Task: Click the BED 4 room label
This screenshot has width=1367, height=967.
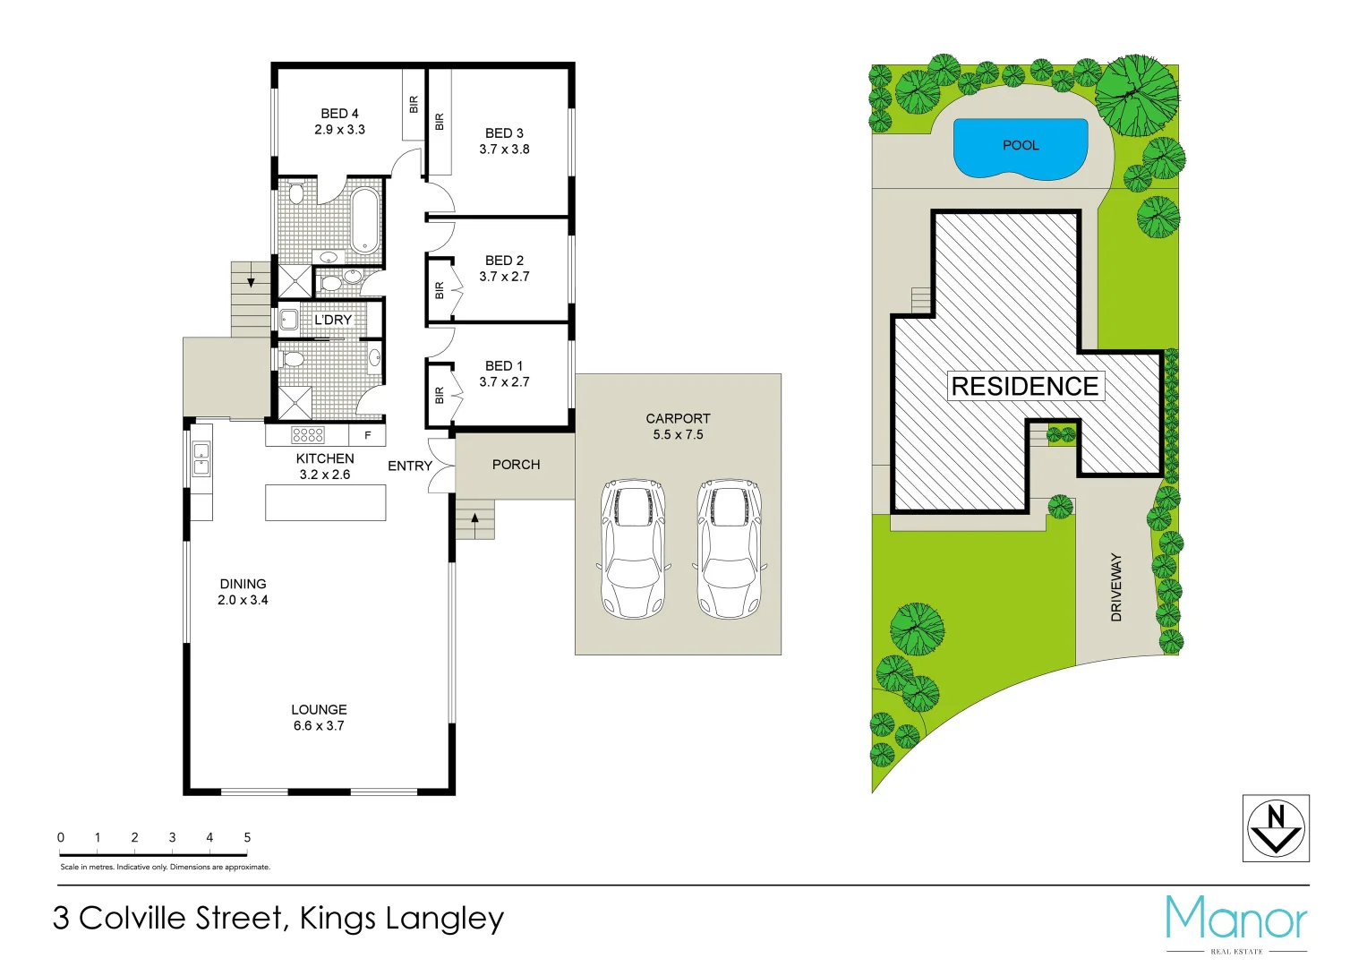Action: tap(339, 114)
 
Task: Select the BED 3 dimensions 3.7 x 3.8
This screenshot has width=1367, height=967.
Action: tap(504, 150)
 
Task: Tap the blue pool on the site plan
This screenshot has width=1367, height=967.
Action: tap(1021, 148)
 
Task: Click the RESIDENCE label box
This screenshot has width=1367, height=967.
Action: tap(1025, 387)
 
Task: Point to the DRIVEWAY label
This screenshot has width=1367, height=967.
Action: tap(1116, 587)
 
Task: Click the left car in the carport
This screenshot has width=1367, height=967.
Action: tap(634, 549)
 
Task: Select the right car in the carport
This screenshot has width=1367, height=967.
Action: tap(729, 549)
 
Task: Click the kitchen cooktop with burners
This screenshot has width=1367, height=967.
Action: tap(307, 435)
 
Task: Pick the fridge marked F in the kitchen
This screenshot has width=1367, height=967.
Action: tap(367, 436)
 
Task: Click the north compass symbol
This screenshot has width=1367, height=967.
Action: tap(1276, 828)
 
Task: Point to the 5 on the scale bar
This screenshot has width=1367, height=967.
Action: tap(247, 838)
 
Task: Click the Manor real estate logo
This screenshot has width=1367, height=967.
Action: tap(1236, 920)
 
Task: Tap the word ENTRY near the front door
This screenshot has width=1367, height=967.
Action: tap(410, 466)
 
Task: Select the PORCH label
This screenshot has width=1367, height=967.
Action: tap(516, 465)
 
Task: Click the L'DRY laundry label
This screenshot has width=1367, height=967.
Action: tap(333, 320)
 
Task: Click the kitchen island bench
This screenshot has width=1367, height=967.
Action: tap(325, 502)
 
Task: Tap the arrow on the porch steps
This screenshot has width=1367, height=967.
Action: tap(475, 518)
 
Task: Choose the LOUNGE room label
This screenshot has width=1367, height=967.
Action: tap(319, 709)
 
